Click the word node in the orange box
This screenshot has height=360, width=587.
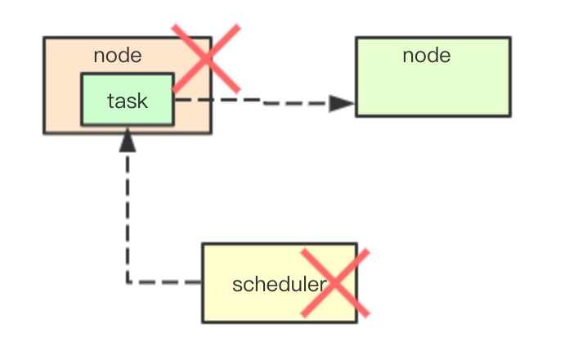coord(117,56)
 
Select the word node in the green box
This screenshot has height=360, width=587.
coord(426,55)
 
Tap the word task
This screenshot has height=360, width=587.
coord(127,101)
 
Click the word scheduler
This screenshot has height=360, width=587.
coord(279,284)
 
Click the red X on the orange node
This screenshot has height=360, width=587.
coord(206,58)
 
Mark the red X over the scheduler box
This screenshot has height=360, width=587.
coord(334,283)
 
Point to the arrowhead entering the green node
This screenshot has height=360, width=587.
coord(343,104)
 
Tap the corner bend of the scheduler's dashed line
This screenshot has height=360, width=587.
coord(128,282)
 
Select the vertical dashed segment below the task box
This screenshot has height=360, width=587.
coord(128,213)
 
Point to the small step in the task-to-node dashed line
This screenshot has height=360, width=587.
coord(263,102)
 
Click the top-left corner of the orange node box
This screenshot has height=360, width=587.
coord(44,38)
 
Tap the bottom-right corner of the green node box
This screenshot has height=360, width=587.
coord(510,115)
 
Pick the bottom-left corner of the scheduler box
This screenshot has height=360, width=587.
coord(203,322)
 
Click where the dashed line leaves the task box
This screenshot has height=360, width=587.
coord(174,100)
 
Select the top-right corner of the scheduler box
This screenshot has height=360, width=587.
coord(356,244)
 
